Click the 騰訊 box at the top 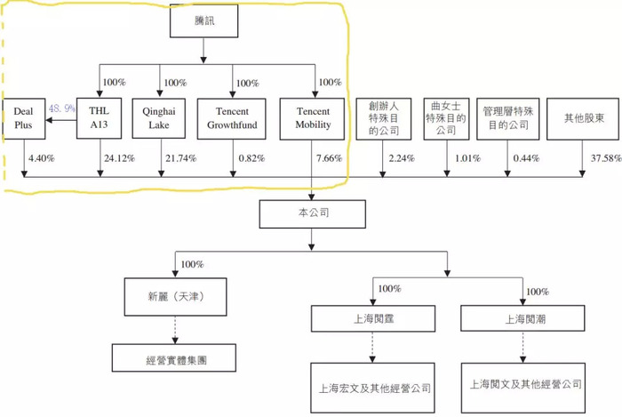[203, 21]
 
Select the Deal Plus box [23, 118]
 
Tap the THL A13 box [99, 118]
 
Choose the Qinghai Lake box [159, 118]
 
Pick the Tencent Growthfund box [232, 118]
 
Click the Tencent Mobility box [312, 118]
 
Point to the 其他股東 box [583, 118]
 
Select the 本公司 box [313, 214]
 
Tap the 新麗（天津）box [175, 297]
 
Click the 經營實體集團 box [174, 357]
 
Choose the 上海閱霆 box [373, 318]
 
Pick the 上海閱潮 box [522, 318]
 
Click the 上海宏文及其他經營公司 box [372, 388]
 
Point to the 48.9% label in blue [62, 108]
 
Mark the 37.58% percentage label [606, 158]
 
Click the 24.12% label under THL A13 [119, 158]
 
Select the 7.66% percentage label [329, 158]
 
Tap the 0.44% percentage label [526, 158]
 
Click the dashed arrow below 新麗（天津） [175, 330]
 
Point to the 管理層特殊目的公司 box [507, 118]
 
